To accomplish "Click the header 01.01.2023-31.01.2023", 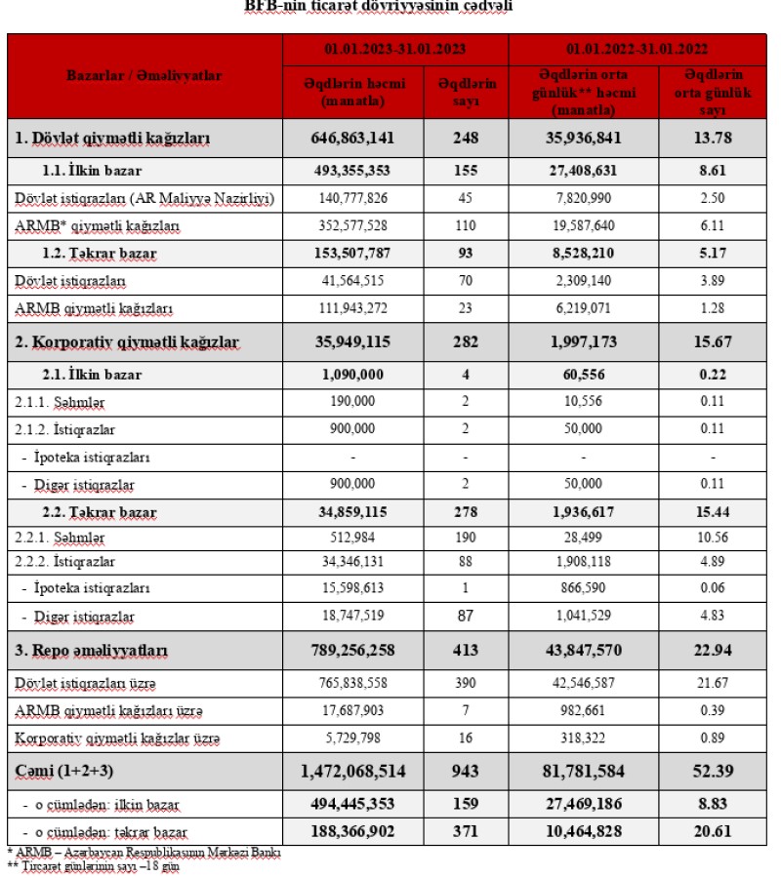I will [395, 47].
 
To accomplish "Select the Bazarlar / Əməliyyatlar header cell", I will [144, 75].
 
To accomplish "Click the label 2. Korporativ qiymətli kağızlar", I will [127, 342].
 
